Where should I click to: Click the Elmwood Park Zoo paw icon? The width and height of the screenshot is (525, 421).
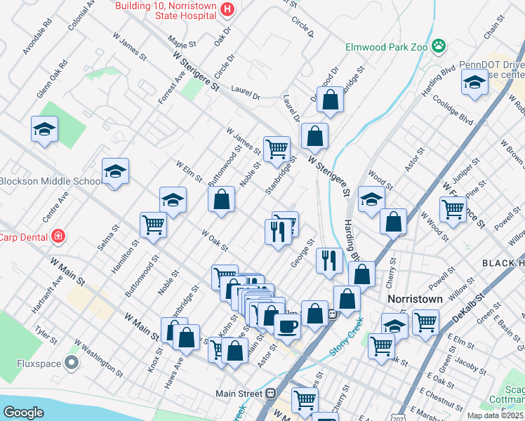[x=439, y=46]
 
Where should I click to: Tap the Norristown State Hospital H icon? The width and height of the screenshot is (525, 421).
[x=227, y=8]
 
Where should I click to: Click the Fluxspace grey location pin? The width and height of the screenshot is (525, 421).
[x=71, y=363]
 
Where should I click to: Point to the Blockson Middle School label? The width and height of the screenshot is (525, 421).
[x=51, y=181]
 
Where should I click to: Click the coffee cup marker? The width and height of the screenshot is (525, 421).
[x=287, y=326]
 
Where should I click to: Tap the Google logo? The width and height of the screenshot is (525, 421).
[x=23, y=413]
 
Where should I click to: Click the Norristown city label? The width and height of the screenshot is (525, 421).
[x=415, y=298]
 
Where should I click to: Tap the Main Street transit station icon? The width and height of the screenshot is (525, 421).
[x=270, y=394]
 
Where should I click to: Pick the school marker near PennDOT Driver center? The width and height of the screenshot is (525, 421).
[x=474, y=82]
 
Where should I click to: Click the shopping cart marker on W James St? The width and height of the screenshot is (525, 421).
[x=277, y=148]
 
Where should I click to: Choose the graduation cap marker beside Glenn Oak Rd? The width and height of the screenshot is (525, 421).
[x=44, y=129]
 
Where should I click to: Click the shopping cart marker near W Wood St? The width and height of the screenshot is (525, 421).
[x=453, y=208]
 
